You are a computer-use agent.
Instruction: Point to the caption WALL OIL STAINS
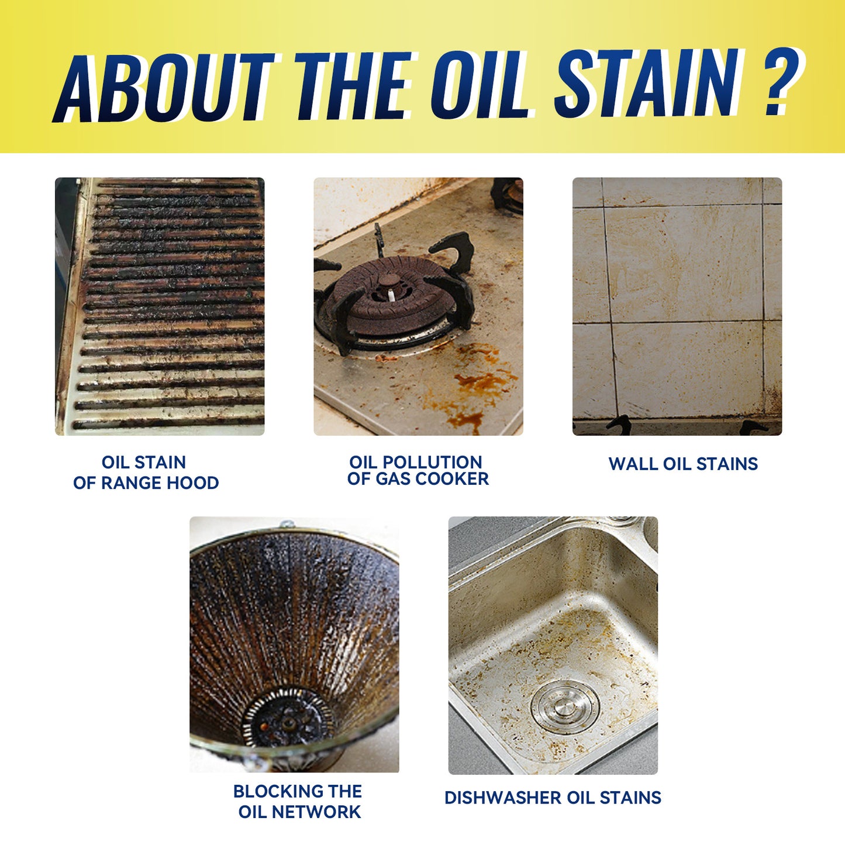point(683,464)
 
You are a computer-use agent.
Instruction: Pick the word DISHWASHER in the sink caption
point(497,798)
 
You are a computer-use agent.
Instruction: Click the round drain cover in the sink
point(565,707)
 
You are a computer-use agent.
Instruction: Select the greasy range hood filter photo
point(160,306)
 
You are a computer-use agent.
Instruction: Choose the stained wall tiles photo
point(677,306)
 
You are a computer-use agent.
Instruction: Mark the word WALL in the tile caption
point(633,464)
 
